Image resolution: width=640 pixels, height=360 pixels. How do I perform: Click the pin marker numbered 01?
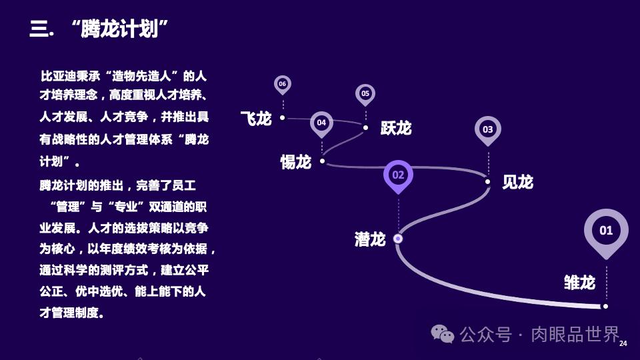click(x=606, y=231)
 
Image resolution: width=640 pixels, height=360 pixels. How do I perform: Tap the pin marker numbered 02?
click(x=398, y=175)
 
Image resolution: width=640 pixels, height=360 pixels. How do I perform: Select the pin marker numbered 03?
click(x=488, y=129)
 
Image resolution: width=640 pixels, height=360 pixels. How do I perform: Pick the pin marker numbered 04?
click(x=321, y=123)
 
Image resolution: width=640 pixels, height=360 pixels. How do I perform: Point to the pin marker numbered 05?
click(x=365, y=94)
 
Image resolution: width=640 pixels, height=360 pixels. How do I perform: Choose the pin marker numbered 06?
click(x=283, y=84)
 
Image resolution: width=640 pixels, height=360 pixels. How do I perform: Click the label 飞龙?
click(x=256, y=119)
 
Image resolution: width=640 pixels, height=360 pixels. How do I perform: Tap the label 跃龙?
click(x=396, y=128)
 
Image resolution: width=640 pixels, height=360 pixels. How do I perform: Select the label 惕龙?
click(x=296, y=162)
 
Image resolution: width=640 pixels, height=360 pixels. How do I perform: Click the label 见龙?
click(x=517, y=182)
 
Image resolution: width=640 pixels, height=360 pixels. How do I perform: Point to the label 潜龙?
click(x=370, y=239)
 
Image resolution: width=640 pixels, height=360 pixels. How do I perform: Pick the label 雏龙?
click(x=579, y=283)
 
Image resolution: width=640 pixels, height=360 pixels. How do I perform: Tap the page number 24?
click(x=623, y=343)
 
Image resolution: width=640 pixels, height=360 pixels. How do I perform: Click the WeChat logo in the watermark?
click(x=442, y=333)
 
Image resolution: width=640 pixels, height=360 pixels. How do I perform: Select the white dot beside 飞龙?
click(x=283, y=117)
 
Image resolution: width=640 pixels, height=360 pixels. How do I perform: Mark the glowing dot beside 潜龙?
click(x=398, y=238)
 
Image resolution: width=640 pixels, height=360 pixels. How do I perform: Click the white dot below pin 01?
click(x=605, y=306)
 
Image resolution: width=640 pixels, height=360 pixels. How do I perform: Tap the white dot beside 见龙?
click(x=487, y=181)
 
